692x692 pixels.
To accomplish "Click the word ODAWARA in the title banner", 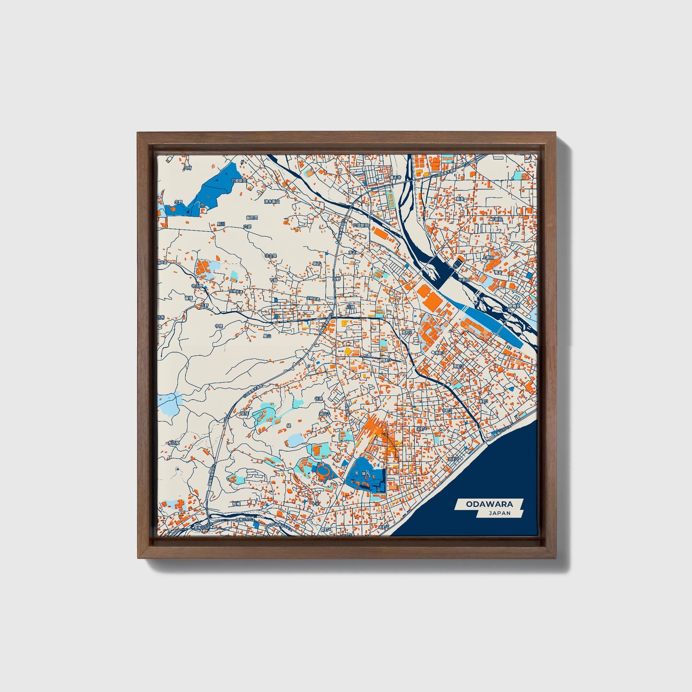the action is [489, 504].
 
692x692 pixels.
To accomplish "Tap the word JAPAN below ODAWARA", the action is [499, 513].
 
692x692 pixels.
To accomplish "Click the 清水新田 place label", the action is [272, 202].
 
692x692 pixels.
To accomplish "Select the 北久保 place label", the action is [271, 256].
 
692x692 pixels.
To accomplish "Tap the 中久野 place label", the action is [197, 286].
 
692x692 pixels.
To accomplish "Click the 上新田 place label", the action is [488, 257].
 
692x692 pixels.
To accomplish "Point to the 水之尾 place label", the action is [173, 443].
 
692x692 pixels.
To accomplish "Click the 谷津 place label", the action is [318, 398].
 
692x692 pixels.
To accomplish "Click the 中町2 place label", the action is [447, 410].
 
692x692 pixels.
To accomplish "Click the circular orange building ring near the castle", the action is [323, 472].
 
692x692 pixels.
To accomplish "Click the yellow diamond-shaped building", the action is [348, 352].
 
